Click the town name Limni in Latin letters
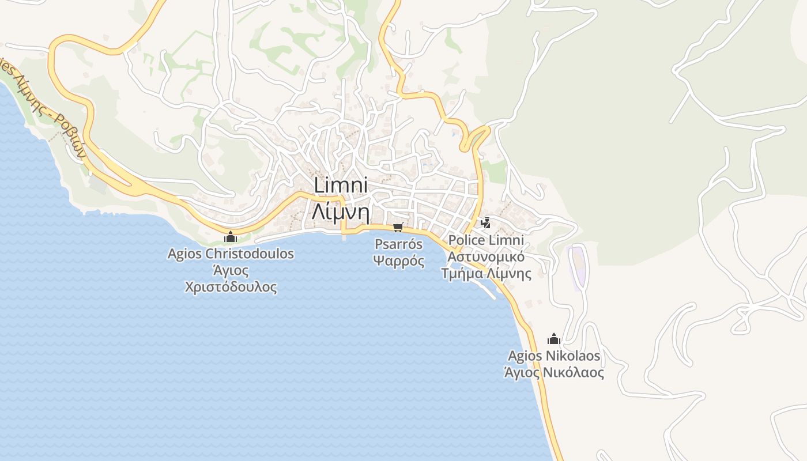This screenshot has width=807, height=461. (341, 186)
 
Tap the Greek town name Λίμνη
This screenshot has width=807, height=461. (341, 211)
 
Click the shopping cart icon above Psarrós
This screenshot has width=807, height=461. (398, 228)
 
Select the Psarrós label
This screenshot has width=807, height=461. (398, 244)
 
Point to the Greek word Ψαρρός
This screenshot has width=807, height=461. (399, 260)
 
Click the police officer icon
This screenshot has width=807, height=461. (486, 222)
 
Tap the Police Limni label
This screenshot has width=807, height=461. (486, 240)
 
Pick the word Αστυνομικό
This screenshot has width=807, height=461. (486, 256)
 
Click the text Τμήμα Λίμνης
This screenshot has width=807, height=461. (486, 273)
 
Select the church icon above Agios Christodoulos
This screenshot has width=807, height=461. (231, 236)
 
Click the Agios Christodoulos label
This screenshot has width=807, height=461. (231, 254)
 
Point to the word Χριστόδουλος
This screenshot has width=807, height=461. (231, 287)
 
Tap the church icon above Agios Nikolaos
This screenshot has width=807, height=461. (554, 338)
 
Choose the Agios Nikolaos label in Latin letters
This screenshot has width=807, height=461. (554, 356)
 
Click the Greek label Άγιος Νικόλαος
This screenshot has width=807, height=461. (554, 373)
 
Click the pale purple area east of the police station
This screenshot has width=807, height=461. (577, 266)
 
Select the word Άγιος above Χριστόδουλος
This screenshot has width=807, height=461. (231, 270)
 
